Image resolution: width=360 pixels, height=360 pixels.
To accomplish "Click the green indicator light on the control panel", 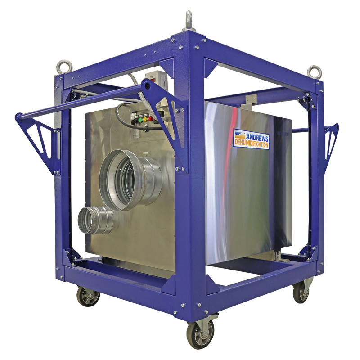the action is pos(140,120).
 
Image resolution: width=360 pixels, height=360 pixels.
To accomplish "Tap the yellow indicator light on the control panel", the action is pos(145,119).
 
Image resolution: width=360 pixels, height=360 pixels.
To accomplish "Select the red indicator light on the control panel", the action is pos(150,119).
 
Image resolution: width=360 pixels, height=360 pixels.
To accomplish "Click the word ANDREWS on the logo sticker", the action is pos(257,137).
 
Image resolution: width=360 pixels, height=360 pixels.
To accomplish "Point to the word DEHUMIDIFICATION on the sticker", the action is pos(251,144).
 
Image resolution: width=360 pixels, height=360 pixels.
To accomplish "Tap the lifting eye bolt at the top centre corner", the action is pos(189,21).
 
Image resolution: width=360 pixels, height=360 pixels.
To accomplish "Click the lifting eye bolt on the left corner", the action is pos(64,67).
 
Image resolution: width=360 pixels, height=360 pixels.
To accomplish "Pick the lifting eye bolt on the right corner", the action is pos(314,72).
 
